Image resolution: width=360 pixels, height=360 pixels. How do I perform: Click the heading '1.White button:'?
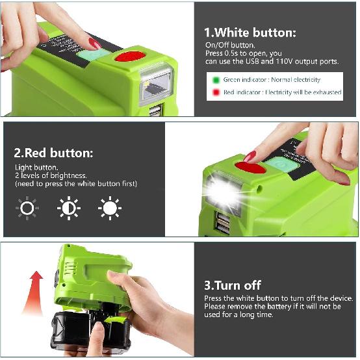pos(250,32)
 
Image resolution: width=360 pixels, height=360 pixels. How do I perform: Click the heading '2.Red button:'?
pos(53,153)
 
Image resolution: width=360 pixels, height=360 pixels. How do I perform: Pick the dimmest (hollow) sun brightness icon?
pos(27,209)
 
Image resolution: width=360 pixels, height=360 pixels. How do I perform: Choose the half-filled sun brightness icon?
pos(68,209)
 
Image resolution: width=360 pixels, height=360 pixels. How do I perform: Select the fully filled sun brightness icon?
pos(109,209)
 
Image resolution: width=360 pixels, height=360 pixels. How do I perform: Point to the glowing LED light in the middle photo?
pos(222,192)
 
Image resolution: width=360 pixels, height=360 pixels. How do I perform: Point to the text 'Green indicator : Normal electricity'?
pos(272,80)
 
